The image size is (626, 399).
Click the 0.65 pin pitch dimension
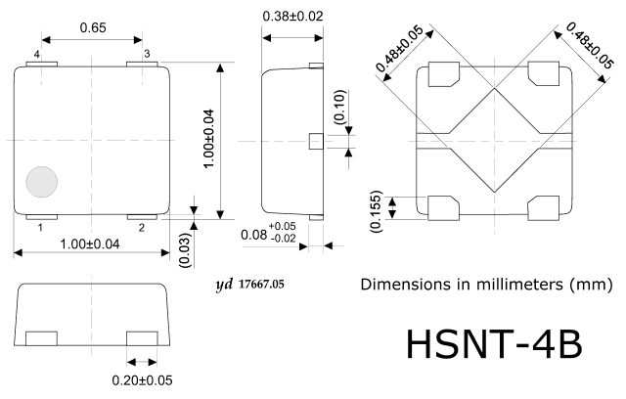pyautogui.click(x=93, y=27)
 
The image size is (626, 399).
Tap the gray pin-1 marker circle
pyautogui.click(x=42, y=182)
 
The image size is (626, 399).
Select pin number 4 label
pyautogui.click(x=37, y=54)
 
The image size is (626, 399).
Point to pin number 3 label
pyautogui.click(x=147, y=54)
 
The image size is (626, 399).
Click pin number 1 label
pyautogui.click(x=40, y=228)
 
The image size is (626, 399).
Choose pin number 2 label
pyautogui.click(x=142, y=228)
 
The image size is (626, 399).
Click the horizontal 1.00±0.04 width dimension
pyautogui.click(x=89, y=244)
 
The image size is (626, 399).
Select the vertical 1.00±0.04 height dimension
pyautogui.click(x=208, y=139)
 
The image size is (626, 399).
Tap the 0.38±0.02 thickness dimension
pyautogui.click(x=292, y=17)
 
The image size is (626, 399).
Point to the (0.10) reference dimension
pyautogui.click(x=339, y=107)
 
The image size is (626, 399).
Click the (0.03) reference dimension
pyautogui.click(x=186, y=249)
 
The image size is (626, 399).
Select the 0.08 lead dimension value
pyautogui.click(x=253, y=235)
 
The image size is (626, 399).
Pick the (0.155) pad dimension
pyautogui.click(x=376, y=211)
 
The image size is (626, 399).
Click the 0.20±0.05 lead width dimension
pyautogui.click(x=142, y=380)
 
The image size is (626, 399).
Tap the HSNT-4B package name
pyautogui.click(x=494, y=344)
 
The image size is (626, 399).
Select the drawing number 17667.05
pyautogui.click(x=261, y=284)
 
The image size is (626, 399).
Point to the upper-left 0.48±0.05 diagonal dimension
pyautogui.click(x=399, y=48)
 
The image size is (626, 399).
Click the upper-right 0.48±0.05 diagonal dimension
pyautogui.click(x=589, y=46)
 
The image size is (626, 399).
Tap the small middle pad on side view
pyautogui.click(x=316, y=142)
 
